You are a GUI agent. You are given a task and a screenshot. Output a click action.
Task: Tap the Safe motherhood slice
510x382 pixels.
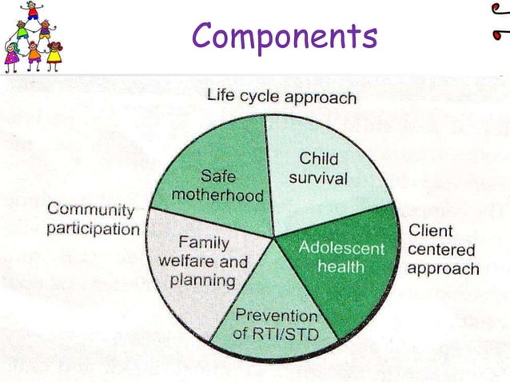(x=220, y=180)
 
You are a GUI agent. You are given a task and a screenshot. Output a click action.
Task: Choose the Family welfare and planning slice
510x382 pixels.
(x=203, y=260)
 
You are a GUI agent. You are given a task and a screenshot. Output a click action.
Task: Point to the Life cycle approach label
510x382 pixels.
(x=281, y=97)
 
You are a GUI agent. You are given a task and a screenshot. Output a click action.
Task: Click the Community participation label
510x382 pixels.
(x=91, y=219)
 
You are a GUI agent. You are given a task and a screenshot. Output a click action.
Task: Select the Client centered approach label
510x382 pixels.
(x=441, y=249)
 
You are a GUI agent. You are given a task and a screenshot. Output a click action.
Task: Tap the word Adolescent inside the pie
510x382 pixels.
(x=341, y=248)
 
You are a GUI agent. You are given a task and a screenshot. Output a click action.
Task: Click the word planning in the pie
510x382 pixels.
(x=207, y=280)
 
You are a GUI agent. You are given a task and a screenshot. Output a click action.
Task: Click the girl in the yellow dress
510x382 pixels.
(x=54, y=55)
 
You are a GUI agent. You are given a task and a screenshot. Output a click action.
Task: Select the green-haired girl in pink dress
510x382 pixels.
(x=11, y=57)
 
